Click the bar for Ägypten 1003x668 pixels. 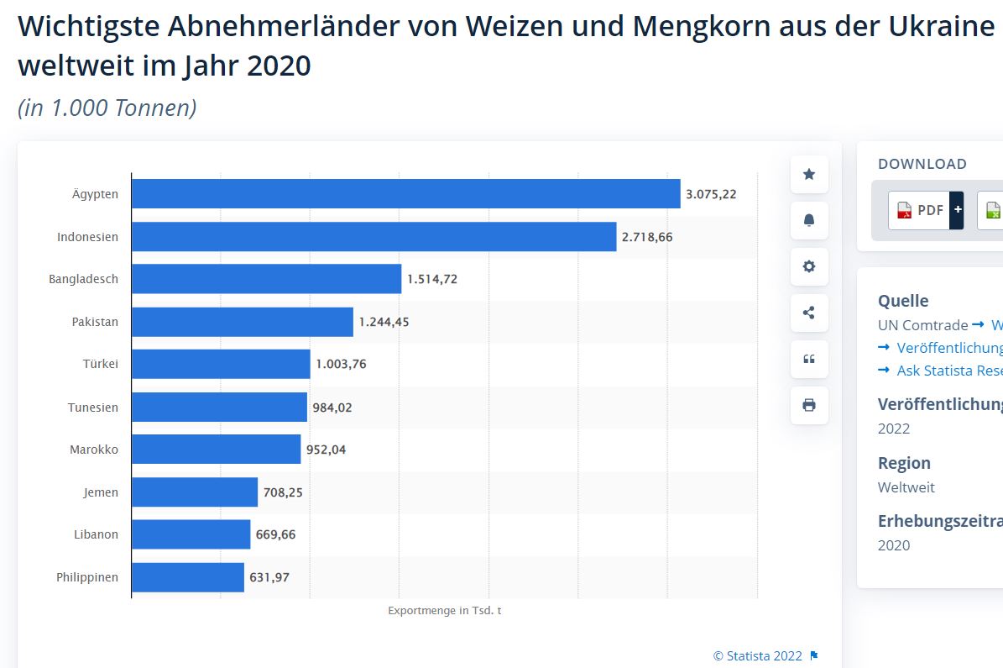(405, 194)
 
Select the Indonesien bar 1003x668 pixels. (374, 237)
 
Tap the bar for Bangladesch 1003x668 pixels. (266, 279)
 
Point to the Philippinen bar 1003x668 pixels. (188, 577)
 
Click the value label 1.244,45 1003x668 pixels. (384, 322)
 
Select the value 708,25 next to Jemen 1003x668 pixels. (283, 492)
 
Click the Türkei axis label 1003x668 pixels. (101, 365)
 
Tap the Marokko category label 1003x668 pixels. (94, 450)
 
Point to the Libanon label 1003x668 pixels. (96, 534)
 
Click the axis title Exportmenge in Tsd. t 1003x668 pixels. (445, 611)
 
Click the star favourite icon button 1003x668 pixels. (809, 175)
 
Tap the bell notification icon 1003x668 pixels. (809, 220)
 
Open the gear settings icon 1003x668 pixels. (809, 266)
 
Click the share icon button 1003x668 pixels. (809, 313)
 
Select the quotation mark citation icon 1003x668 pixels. (809, 359)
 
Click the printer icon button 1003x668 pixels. (809, 405)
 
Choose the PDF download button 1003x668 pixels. (921, 210)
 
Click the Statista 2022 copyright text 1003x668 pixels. (757, 656)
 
